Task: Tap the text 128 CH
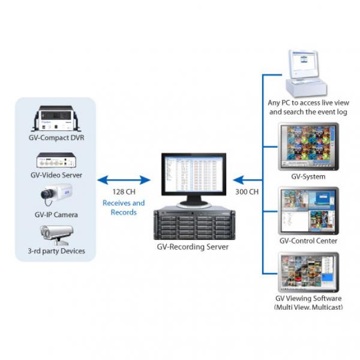[124, 192]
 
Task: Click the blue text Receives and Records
[124, 208]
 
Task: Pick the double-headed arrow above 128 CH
[124, 179]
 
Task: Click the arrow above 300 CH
[248, 179]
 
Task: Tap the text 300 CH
[246, 192]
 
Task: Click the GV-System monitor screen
[308, 146]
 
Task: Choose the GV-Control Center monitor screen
[308, 211]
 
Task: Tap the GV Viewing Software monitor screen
[308, 272]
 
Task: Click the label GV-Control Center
[308, 241]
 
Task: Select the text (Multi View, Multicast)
[308, 307]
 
